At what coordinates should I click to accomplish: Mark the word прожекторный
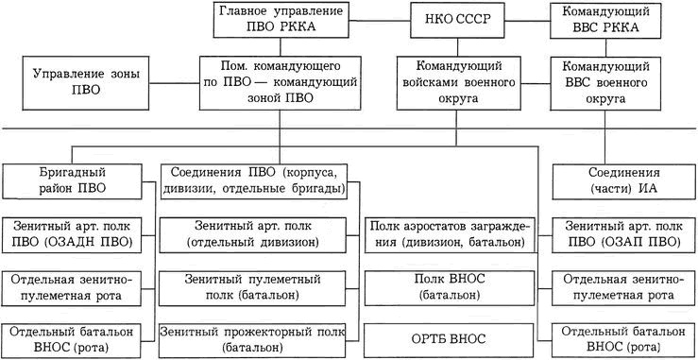[x=279, y=333]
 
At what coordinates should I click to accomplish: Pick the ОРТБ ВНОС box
[x=449, y=339]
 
